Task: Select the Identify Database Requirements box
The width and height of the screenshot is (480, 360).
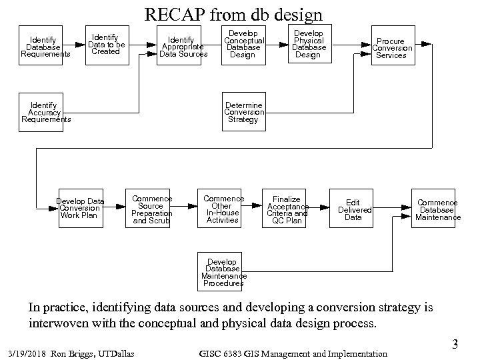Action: [45, 47]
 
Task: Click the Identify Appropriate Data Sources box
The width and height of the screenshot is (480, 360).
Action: [182, 47]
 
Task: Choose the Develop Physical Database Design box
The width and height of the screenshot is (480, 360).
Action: [309, 44]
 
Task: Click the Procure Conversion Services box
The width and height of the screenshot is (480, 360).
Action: [391, 48]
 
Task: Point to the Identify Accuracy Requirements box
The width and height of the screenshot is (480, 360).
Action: [45, 113]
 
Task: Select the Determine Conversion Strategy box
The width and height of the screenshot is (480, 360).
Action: [243, 113]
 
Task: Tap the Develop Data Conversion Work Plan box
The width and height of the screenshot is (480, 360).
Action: [80, 209]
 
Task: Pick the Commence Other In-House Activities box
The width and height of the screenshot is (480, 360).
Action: [223, 209]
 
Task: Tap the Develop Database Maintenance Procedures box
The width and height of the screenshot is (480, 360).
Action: [223, 273]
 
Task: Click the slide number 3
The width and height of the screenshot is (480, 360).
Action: [455, 345]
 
